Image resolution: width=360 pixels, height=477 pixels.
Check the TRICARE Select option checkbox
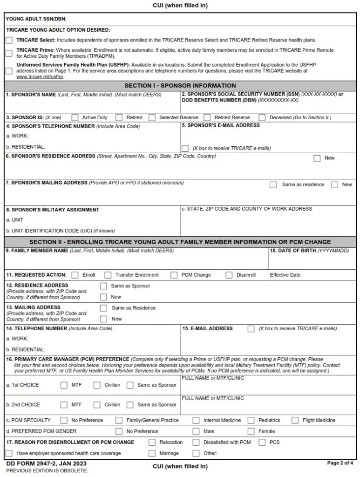(9, 41)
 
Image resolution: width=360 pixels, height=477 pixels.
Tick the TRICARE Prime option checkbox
(9, 53)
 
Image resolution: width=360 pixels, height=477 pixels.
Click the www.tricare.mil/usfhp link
(40, 76)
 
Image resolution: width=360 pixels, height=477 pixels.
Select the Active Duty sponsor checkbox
(75, 118)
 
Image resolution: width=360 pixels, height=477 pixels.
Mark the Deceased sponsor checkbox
(262, 118)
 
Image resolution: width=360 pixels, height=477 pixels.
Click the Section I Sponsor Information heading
(180, 86)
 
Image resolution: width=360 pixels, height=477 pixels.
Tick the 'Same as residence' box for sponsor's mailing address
(273, 185)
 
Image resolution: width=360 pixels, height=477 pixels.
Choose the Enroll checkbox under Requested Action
(75, 275)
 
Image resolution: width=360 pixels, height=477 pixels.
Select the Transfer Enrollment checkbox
(108, 275)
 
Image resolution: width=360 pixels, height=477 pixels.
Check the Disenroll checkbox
(229, 275)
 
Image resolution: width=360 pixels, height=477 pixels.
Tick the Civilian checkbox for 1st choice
(97, 385)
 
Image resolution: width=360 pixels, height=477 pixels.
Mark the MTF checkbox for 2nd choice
(64, 405)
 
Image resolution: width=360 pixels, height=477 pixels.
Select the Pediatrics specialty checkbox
(251, 420)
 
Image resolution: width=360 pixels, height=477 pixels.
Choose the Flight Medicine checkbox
(295, 420)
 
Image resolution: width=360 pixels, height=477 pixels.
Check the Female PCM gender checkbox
(251, 431)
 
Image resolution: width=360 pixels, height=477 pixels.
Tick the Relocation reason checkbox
(152, 442)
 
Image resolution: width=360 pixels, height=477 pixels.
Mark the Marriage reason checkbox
(152, 453)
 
